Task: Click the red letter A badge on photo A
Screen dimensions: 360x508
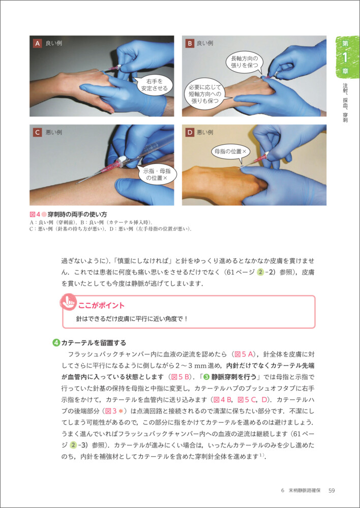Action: click(38, 43)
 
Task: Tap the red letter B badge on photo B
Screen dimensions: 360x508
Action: click(189, 43)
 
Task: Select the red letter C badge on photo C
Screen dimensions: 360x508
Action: click(38, 132)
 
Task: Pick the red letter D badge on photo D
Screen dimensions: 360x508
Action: click(189, 132)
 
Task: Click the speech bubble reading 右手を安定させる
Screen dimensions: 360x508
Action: click(154, 85)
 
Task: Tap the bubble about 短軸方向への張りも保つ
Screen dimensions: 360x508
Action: click(204, 93)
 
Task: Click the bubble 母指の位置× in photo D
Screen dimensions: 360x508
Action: click(231, 151)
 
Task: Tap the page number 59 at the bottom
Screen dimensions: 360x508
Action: click(332, 491)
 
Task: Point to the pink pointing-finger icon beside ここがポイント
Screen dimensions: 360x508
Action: click(68, 302)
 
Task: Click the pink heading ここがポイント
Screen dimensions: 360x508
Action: click(101, 305)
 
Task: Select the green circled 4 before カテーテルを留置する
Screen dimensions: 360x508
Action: click(56, 342)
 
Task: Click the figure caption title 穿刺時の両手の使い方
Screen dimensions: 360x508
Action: click(77, 214)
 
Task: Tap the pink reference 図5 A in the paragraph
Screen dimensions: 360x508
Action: click(246, 353)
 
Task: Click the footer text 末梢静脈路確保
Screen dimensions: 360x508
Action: click(305, 491)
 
